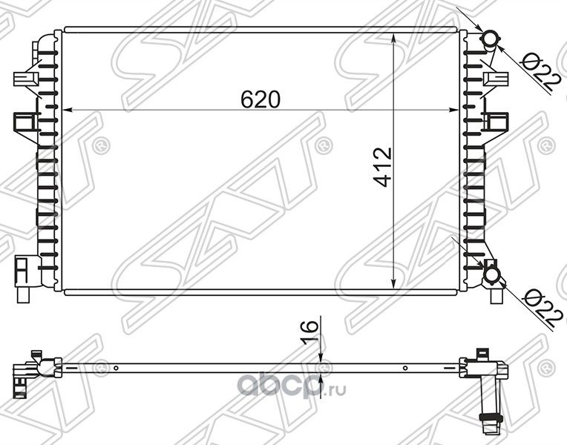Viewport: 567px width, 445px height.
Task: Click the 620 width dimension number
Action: click(260, 99)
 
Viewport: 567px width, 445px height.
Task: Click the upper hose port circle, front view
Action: click(491, 39)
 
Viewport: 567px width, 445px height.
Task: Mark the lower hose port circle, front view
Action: click(491, 277)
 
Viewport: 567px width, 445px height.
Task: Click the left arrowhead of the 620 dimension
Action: click(68, 111)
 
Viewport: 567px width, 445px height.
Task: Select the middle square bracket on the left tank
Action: click(25, 120)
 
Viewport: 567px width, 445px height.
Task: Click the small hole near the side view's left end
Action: click(117, 368)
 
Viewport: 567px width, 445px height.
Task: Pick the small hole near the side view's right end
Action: click(404, 368)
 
